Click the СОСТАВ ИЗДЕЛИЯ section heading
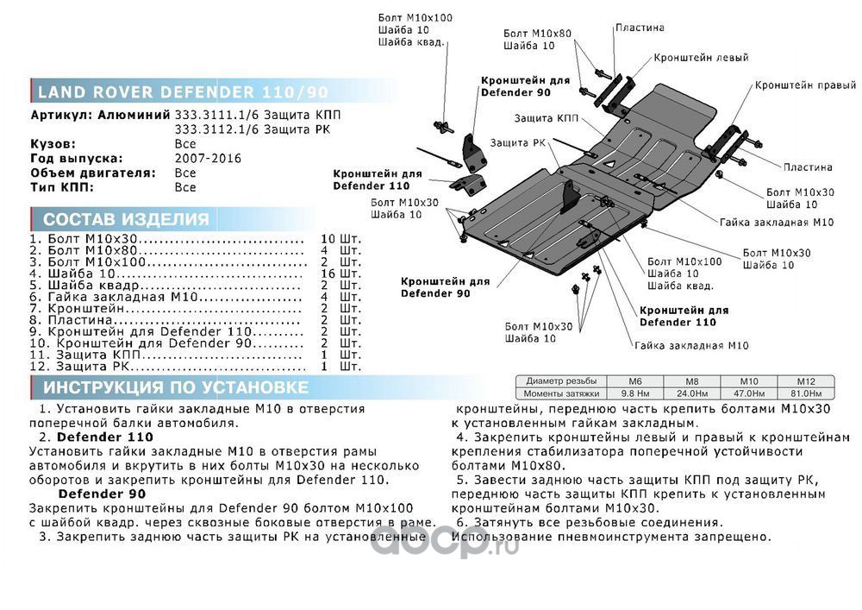(126, 219)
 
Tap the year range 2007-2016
(208, 159)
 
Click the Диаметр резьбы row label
(560, 381)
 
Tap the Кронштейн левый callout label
(689, 58)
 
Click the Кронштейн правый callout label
(805, 86)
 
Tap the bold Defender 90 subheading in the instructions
(102, 494)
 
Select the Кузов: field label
(53, 144)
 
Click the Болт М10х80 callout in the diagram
(537, 33)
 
